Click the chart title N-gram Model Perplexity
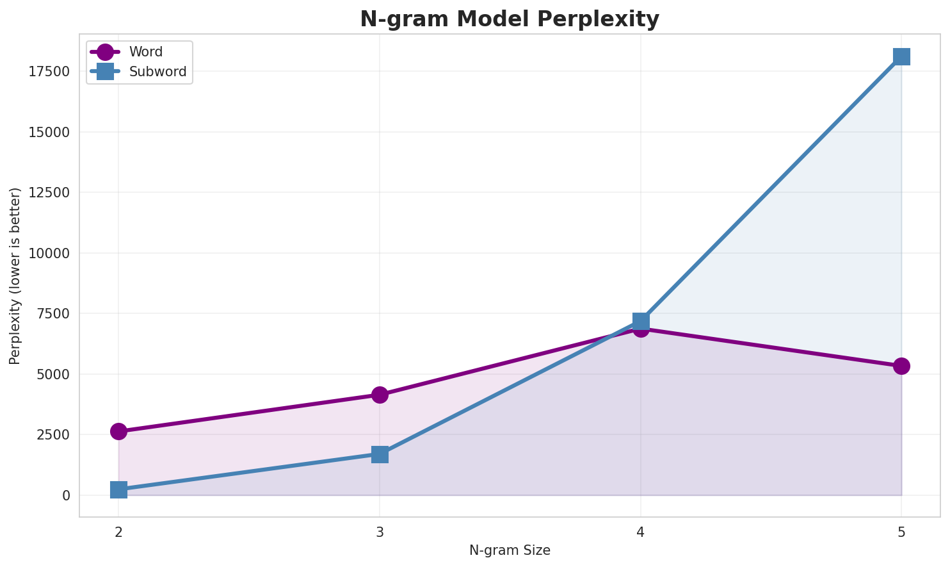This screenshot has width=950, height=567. click(x=509, y=19)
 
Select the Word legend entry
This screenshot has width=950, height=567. click(x=145, y=52)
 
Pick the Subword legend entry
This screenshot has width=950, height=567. click(x=157, y=72)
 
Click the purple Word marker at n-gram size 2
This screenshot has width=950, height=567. click(x=118, y=431)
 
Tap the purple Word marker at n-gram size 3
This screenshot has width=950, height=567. click(x=380, y=395)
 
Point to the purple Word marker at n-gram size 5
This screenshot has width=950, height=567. click(x=901, y=366)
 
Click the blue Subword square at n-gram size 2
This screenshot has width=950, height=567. click(x=118, y=490)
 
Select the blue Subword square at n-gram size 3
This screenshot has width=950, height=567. click(x=380, y=454)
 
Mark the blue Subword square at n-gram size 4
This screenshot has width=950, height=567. click(x=641, y=320)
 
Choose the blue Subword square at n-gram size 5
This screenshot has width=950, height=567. click(x=901, y=56)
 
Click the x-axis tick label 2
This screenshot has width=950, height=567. click(x=118, y=532)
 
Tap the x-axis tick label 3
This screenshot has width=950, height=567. click(x=380, y=532)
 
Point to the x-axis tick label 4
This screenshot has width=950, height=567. click(x=641, y=532)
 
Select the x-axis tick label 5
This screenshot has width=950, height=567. click(x=901, y=532)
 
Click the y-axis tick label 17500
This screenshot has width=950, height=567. click(x=49, y=72)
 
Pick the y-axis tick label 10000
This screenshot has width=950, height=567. click(x=49, y=253)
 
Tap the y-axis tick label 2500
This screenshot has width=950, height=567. click(x=52, y=435)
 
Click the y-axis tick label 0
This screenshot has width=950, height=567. click(x=66, y=495)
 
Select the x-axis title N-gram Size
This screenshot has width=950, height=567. click(x=510, y=550)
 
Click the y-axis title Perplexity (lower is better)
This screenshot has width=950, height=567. click(x=15, y=275)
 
